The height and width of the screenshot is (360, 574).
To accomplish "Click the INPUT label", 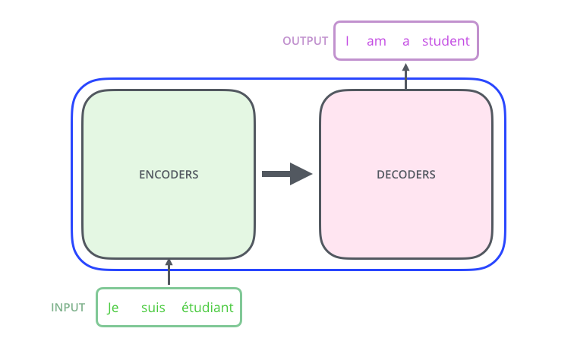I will [x=68, y=308].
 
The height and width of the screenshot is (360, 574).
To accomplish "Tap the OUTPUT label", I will [x=305, y=41].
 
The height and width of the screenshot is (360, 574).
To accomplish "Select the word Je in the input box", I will [x=114, y=308].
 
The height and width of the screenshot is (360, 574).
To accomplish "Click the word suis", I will [x=153, y=308].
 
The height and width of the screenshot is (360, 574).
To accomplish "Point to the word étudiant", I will [x=207, y=308].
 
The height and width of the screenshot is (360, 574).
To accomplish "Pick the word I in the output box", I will [x=347, y=41].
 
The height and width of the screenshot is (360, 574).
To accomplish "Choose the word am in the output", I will [x=377, y=41].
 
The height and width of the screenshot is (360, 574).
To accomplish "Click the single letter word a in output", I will [x=405, y=41].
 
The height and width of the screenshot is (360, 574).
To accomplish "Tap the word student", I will [x=446, y=41].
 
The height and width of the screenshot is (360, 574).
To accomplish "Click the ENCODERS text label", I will [x=169, y=174].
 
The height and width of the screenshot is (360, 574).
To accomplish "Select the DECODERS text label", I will [x=406, y=174].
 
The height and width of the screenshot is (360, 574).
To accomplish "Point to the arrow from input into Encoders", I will [x=169, y=272].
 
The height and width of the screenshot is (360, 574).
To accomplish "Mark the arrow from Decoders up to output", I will [x=406, y=76].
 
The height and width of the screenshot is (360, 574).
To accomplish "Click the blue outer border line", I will [x=72, y=174].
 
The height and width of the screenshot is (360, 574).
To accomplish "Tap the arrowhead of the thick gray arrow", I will [x=302, y=174].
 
